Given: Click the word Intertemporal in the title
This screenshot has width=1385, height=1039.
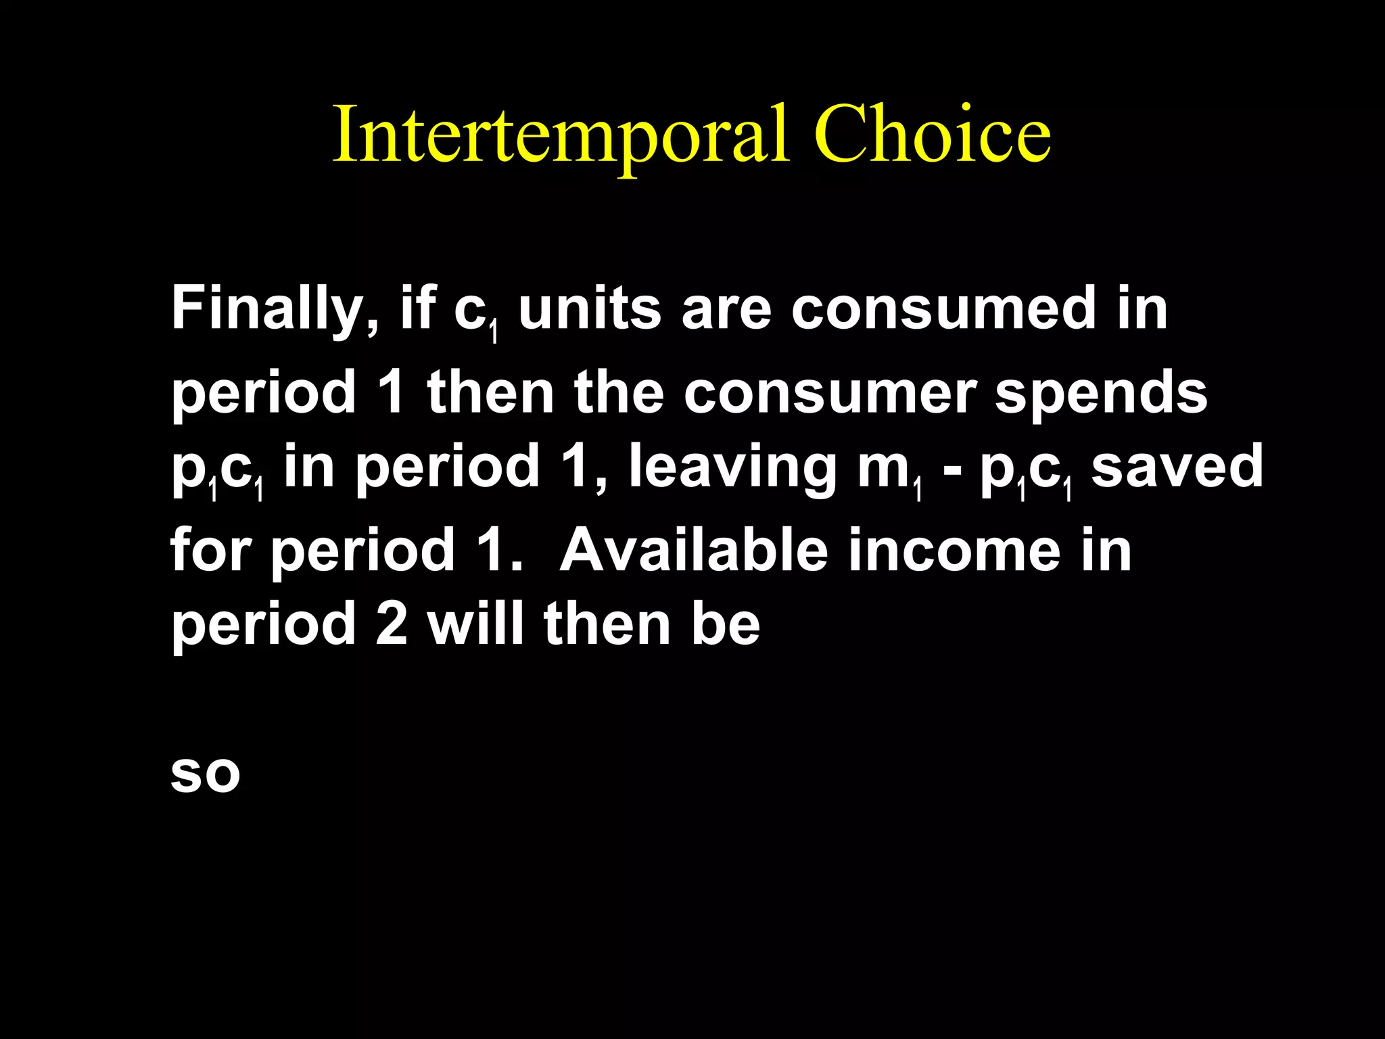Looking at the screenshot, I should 561,135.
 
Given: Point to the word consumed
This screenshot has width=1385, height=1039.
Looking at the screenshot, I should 943,310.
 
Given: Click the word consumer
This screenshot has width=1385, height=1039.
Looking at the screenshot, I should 828,394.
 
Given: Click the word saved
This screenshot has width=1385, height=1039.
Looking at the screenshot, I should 1177,467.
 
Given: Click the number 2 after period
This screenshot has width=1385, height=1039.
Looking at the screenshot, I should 392,624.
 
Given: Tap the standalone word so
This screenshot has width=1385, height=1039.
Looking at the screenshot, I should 206,775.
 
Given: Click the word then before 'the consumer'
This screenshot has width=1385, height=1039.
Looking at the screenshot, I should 490,394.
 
